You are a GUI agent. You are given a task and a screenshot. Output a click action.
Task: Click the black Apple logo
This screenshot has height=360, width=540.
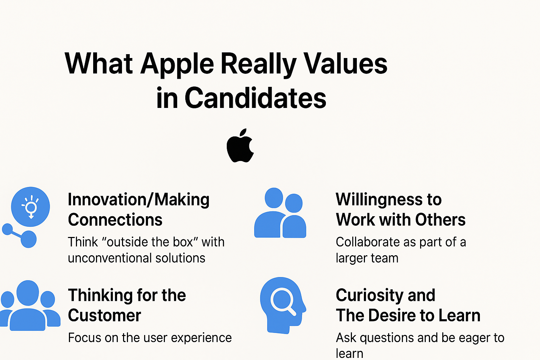[x=240, y=146]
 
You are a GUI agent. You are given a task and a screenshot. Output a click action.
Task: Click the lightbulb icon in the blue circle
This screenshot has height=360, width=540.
[x=31, y=207]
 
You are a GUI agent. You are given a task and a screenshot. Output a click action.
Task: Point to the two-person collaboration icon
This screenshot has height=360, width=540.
[x=280, y=213]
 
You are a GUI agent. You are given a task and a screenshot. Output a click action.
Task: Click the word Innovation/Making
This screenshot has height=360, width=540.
[x=139, y=200]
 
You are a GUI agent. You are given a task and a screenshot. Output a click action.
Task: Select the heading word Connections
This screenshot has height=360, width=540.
[x=115, y=220]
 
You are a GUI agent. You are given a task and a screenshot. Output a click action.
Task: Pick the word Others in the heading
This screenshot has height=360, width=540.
[x=440, y=220]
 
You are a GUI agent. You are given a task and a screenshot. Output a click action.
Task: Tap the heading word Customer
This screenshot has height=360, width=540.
[x=104, y=315]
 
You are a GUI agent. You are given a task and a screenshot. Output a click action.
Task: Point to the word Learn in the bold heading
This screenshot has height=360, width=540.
[x=459, y=315]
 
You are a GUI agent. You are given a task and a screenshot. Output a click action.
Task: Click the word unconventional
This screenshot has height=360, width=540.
[x=109, y=258]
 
